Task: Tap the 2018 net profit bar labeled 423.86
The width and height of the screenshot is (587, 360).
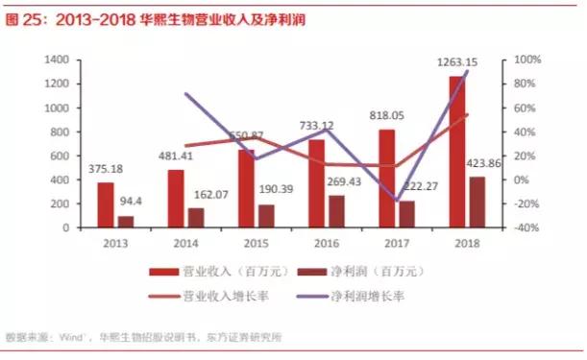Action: coord(477,203)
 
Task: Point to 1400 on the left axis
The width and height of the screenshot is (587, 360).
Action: coord(58,60)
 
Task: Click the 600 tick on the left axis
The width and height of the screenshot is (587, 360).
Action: coord(61,156)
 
